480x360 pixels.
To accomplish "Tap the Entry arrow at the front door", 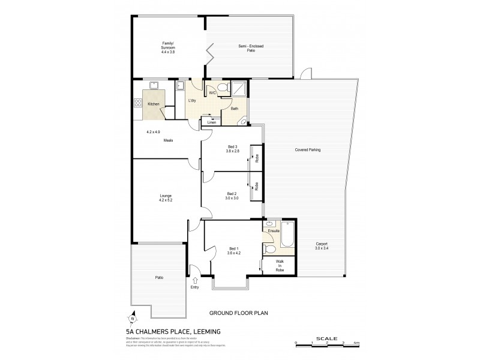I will pyautogui.click(x=194, y=279).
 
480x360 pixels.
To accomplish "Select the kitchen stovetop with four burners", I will pyautogui.click(x=137, y=104).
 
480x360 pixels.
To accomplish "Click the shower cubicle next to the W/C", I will pyautogui.click(x=239, y=89).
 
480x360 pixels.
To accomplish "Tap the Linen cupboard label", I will pyautogui.click(x=211, y=122).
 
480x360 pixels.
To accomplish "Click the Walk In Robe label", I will pyautogui.click(x=280, y=265).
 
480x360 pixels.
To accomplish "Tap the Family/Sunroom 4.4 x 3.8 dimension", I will pyautogui.click(x=167, y=52).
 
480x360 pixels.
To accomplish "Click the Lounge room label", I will pyautogui.click(x=166, y=196).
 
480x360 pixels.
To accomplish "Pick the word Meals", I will pyautogui.click(x=168, y=140).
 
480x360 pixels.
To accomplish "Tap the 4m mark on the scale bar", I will pyautogui.click(x=357, y=342).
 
